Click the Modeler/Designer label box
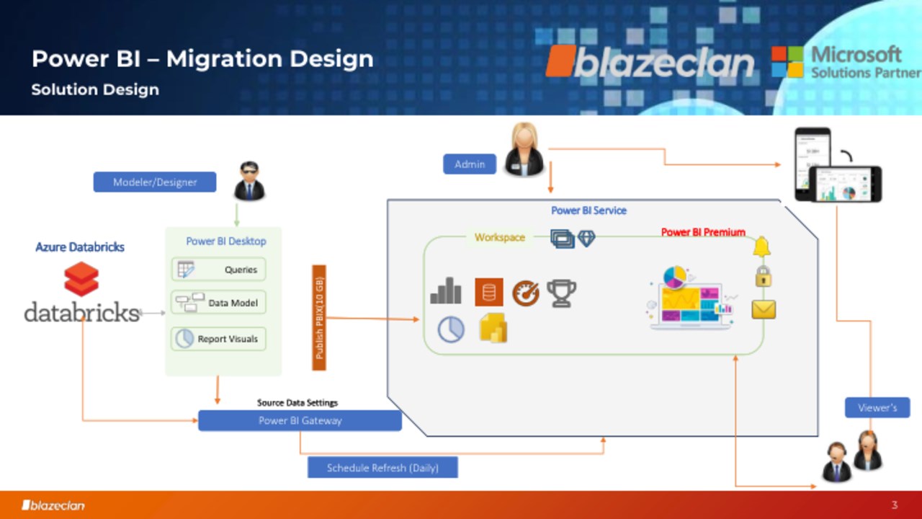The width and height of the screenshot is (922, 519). (x=155, y=182)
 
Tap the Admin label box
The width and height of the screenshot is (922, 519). (x=470, y=164)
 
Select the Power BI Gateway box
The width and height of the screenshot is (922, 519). (x=300, y=420)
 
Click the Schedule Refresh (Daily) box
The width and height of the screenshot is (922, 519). (x=382, y=468)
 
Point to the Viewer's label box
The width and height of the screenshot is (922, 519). (x=877, y=408)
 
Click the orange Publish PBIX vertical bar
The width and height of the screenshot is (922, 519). (x=319, y=318)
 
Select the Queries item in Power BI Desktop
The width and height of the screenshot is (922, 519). (x=218, y=270)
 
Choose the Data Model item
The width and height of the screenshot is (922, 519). (x=218, y=303)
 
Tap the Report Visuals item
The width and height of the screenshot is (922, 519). (x=218, y=339)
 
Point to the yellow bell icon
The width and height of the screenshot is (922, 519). (x=762, y=247)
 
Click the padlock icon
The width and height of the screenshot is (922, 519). (x=764, y=276)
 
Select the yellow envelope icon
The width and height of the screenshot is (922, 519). (x=764, y=309)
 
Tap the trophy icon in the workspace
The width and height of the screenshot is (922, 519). (x=561, y=293)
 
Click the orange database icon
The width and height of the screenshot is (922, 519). (x=489, y=293)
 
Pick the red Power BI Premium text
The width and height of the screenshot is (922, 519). (x=703, y=232)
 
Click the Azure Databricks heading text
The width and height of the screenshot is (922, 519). (x=80, y=247)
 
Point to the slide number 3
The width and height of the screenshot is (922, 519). (x=895, y=505)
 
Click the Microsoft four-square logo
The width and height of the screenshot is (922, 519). (x=787, y=62)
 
